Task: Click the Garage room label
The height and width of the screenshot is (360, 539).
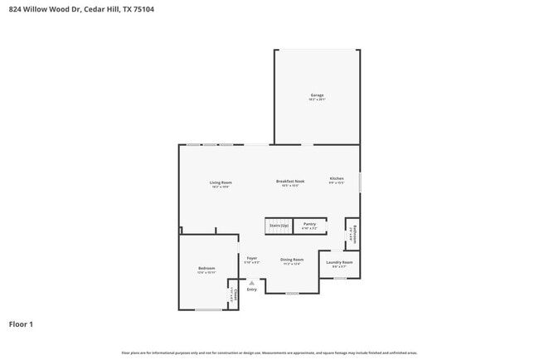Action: (x=317, y=95)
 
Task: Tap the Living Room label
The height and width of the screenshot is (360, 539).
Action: (x=220, y=182)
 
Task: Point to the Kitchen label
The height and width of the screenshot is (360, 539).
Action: (x=336, y=178)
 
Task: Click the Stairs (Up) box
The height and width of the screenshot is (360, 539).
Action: (x=278, y=226)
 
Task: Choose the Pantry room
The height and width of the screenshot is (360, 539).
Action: (x=308, y=225)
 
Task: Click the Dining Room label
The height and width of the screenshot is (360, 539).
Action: (x=292, y=259)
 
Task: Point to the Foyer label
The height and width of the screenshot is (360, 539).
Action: (x=251, y=258)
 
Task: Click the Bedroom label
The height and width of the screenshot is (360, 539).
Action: (x=206, y=268)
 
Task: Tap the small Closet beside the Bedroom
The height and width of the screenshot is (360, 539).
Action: (x=234, y=294)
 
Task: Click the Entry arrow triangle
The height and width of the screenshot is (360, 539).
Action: (x=251, y=283)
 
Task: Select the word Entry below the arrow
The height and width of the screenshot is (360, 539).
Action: (x=251, y=289)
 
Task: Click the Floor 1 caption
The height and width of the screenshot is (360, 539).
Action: (x=21, y=324)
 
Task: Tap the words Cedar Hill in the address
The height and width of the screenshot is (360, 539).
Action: (x=99, y=9)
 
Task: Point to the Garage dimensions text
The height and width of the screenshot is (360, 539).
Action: (x=317, y=100)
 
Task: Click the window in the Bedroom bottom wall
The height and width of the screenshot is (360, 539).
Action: (x=208, y=309)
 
